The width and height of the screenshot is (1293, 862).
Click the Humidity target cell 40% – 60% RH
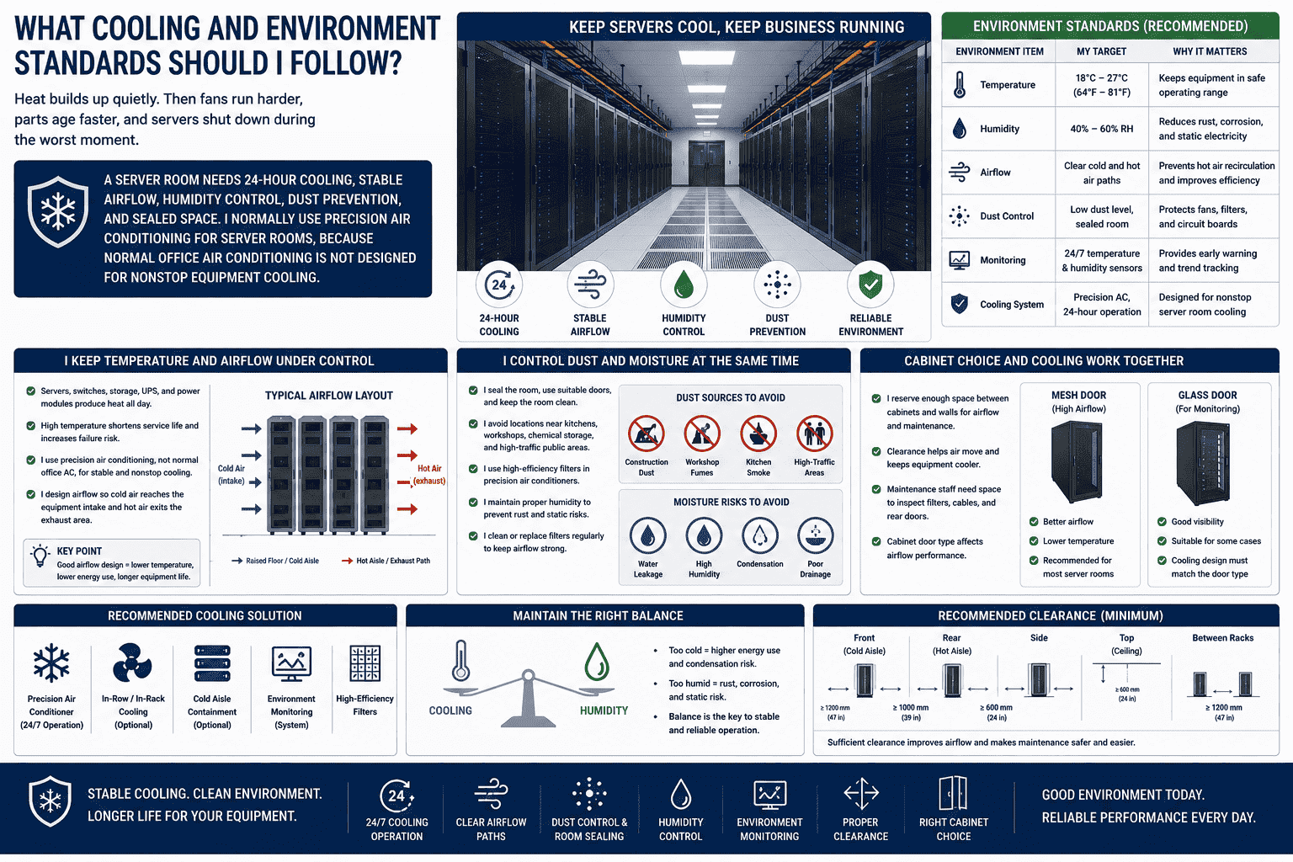tap(1101, 129)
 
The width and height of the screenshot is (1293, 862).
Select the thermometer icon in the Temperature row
tap(960, 85)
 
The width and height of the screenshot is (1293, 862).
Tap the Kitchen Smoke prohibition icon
tap(758, 434)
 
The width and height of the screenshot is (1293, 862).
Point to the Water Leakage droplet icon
tap(647, 535)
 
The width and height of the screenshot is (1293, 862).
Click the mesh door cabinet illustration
tap(1077, 462)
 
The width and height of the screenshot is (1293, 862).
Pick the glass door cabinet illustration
tap(1204, 463)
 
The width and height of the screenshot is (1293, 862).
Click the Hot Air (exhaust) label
tap(428, 475)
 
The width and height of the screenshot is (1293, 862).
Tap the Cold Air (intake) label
tap(231, 475)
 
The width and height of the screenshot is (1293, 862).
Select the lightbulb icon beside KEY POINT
tap(40, 556)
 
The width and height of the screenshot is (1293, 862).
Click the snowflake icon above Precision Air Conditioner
tap(51, 662)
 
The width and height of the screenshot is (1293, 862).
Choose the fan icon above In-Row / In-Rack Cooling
tap(132, 662)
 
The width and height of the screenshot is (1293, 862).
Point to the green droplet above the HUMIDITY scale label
tap(597, 662)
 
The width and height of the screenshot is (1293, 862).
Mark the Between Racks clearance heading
tap(1222, 638)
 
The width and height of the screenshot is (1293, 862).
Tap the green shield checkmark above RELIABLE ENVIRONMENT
tap(870, 285)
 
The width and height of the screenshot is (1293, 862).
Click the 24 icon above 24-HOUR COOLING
tap(499, 285)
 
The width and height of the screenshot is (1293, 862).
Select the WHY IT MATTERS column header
tap(1210, 51)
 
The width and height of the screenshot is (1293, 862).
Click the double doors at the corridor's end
tap(706, 163)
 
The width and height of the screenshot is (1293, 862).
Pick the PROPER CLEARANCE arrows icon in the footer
tap(860, 794)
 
